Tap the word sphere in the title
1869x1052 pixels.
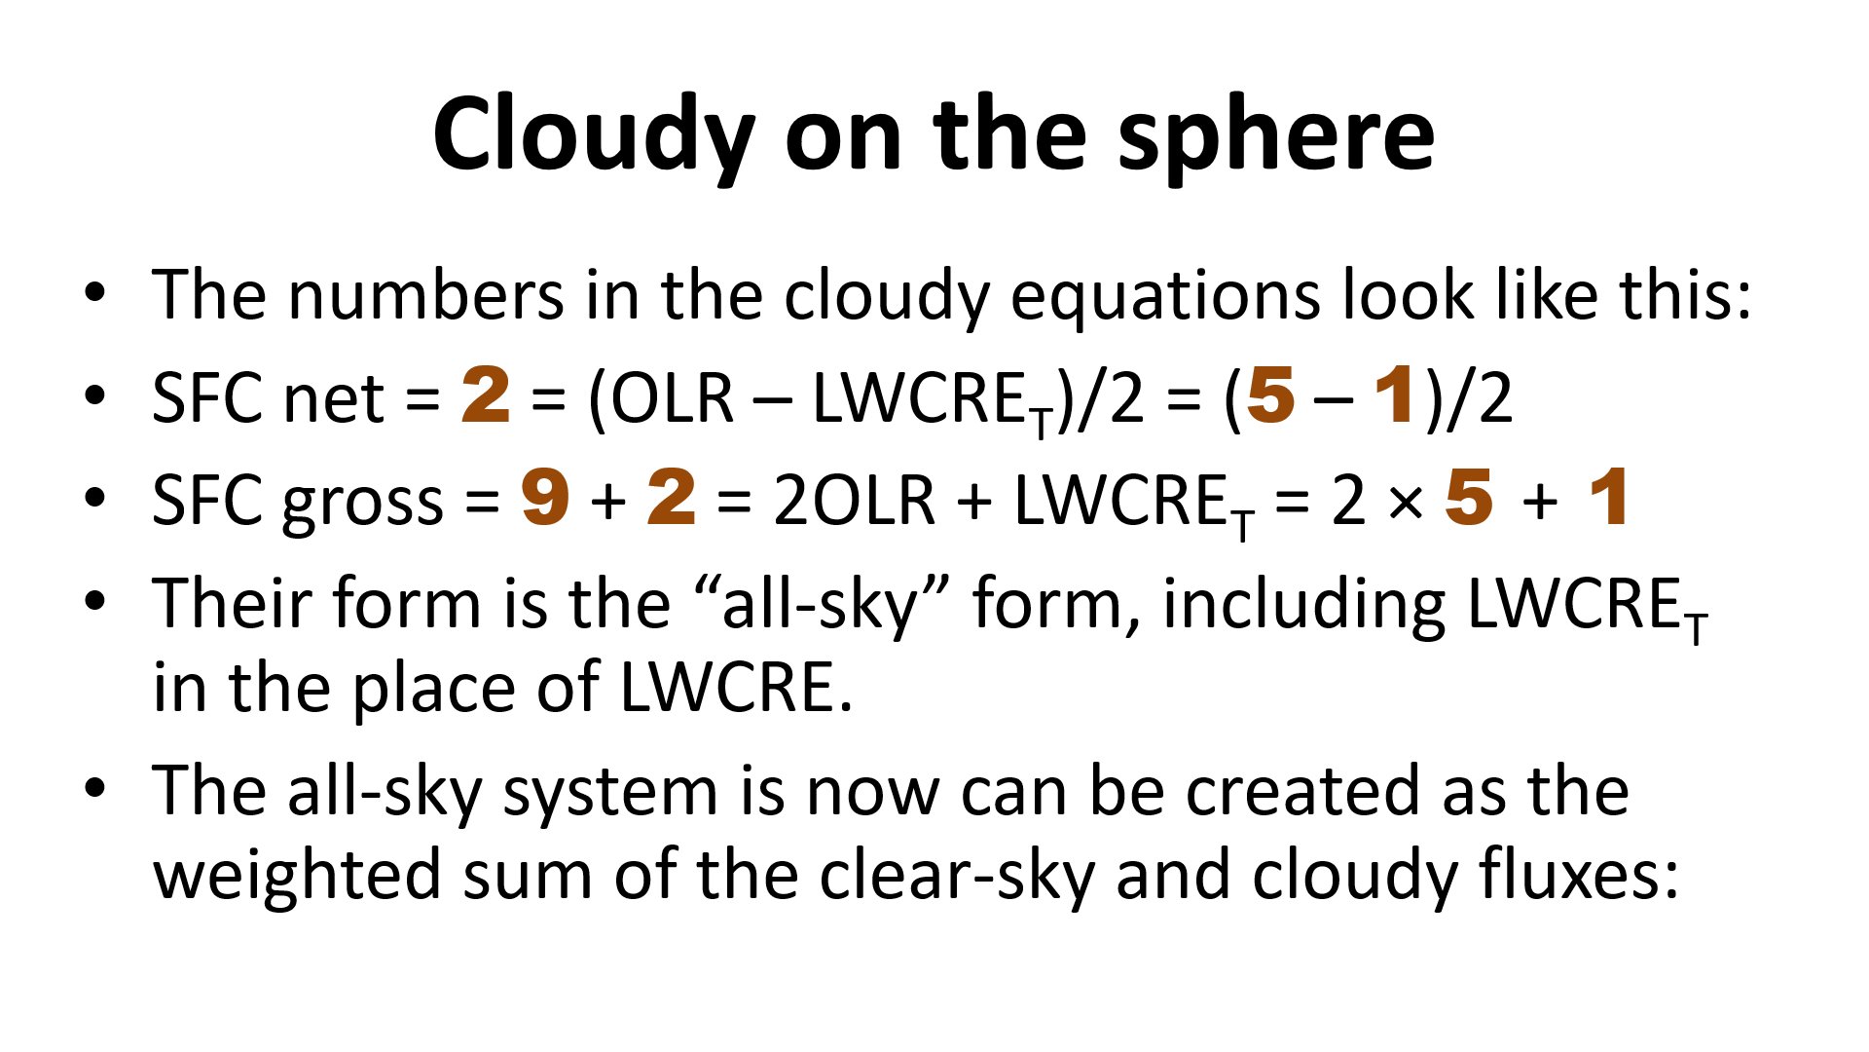point(1276,136)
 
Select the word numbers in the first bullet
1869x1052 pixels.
point(424,294)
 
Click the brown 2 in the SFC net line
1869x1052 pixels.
point(486,394)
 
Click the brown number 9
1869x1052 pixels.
point(545,497)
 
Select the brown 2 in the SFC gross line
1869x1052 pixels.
point(672,497)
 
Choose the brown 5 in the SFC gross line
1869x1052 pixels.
point(1469,497)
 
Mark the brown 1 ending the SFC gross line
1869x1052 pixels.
point(1608,497)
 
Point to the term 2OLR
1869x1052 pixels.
point(855,499)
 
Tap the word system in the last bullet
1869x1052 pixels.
point(610,794)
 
